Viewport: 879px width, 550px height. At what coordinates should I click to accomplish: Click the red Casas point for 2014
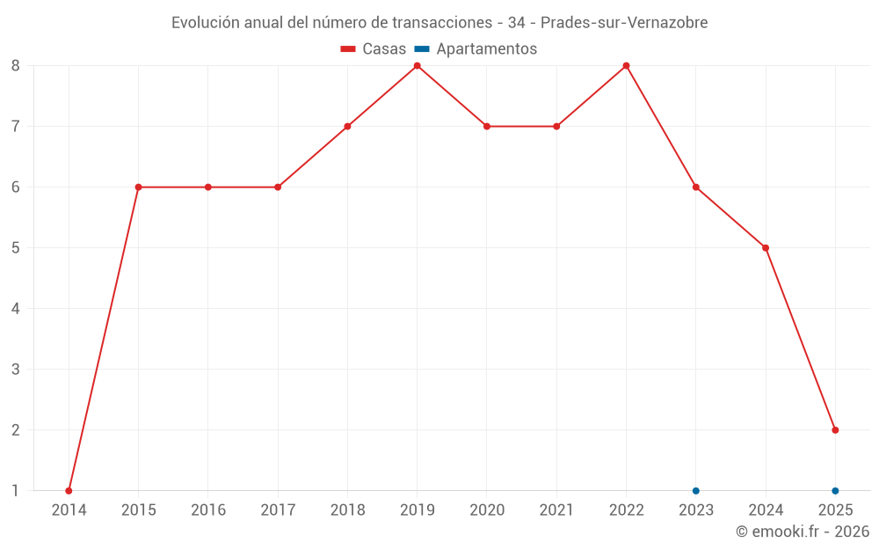[x=69, y=490]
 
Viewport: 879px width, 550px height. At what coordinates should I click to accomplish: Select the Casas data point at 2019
[x=417, y=65]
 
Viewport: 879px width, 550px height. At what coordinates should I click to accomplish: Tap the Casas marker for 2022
[x=626, y=65]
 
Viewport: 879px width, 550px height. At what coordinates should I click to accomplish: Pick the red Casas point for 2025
[x=835, y=430]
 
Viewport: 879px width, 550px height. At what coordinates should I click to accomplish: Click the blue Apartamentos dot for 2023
[x=695, y=490]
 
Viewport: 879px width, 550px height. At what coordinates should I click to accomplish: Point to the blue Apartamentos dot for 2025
[x=835, y=490]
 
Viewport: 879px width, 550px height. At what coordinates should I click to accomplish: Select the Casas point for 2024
[x=766, y=247]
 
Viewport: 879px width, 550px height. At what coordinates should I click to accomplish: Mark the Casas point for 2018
[x=347, y=126]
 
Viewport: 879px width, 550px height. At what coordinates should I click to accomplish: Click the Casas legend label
[x=384, y=49]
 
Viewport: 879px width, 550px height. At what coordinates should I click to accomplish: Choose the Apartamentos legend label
[x=486, y=49]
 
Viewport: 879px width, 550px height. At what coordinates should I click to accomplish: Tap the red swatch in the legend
[x=348, y=49]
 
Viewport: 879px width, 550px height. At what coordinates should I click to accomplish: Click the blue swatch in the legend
[x=422, y=49]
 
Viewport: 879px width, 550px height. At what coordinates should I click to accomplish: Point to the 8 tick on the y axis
[x=16, y=65]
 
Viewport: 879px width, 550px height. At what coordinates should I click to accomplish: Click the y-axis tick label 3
[x=16, y=370]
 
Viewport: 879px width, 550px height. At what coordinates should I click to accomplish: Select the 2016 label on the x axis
[x=208, y=510]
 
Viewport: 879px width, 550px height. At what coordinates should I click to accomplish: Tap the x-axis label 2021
[x=556, y=510]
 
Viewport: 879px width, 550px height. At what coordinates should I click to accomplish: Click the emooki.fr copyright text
[x=803, y=532]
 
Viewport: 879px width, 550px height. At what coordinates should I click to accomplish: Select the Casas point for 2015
[x=138, y=187]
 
